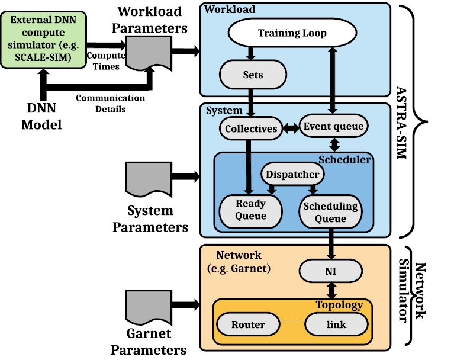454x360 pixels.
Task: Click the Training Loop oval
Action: click(292, 33)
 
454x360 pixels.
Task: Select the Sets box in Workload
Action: click(253, 76)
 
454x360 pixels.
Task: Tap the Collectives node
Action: click(252, 128)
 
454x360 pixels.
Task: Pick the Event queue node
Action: click(333, 126)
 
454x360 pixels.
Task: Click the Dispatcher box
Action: click(292, 174)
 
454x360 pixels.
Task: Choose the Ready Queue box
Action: click(251, 210)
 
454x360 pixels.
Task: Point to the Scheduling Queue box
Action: click(330, 211)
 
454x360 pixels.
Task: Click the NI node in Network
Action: click(330, 271)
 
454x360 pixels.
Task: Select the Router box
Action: click(248, 324)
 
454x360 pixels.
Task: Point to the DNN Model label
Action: click(42, 116)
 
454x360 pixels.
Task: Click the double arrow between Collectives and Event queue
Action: click(289, 128)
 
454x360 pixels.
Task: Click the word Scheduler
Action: click(345, 159)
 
